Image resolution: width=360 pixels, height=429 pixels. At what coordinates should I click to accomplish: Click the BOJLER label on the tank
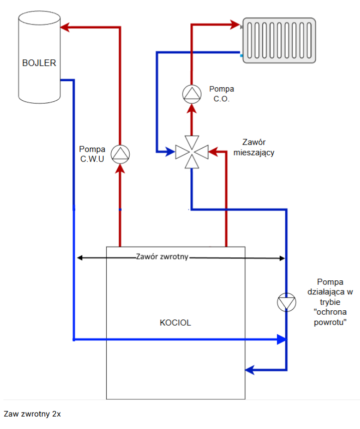coord(39,63)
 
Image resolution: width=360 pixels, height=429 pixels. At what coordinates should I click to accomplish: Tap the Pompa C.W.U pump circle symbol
coord(120,154)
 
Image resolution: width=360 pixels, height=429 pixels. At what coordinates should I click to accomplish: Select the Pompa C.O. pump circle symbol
coord(192,94)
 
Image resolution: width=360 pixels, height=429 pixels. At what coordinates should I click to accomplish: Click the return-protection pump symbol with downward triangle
coord(286,302)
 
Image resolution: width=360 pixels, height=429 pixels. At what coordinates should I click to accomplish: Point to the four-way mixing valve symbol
coord(192,152)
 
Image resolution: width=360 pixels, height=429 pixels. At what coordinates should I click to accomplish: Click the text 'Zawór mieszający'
coord(254,148)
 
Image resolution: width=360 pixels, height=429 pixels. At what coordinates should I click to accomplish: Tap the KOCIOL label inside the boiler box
coord(176,323)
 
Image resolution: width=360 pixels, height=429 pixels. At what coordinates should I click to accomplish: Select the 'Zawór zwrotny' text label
coord(162,256)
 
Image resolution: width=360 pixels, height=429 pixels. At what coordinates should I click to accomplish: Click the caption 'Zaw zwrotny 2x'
coord(32,414)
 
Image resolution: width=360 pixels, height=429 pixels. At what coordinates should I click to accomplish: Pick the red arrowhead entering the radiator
coord(235,24)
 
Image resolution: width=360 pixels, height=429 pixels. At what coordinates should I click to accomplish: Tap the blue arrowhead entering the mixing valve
coord(170,152)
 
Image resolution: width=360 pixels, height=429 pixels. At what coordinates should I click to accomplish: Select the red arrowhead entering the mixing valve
coord(213,152)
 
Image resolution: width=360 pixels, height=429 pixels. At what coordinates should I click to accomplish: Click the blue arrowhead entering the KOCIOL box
coord(249,370)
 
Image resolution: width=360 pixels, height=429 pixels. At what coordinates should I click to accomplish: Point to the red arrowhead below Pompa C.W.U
coord(120,169)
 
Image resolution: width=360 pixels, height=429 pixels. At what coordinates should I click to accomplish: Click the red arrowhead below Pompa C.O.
coord(192,108)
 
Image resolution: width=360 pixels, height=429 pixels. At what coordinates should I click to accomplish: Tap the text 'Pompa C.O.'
coord(221,94)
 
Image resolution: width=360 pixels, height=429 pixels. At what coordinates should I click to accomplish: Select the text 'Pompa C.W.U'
coord(92,154)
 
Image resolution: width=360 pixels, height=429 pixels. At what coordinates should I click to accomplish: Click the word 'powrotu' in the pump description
coord(330,322)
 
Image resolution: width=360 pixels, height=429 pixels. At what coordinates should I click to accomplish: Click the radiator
coord(279,40)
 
